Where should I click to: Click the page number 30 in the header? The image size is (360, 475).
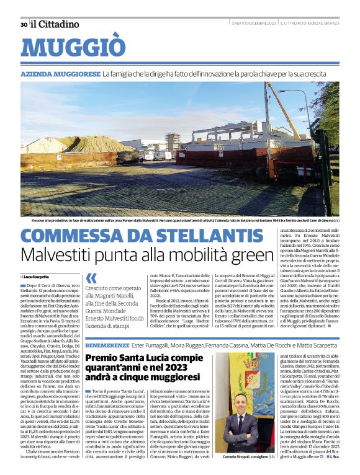pyautogui.click(x=24, y=24)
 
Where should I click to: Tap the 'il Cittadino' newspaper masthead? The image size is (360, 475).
pyautogui.click(x=55, y=24)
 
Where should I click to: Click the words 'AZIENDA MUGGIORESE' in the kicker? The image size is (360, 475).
pyautogui.click(x=60, y=74)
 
